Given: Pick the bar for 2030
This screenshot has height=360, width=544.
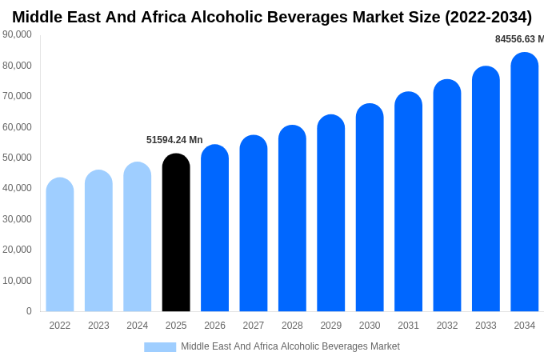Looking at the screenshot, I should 370,208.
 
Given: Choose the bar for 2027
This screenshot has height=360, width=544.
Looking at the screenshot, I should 254,223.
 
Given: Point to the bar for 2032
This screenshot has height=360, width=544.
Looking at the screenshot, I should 447,196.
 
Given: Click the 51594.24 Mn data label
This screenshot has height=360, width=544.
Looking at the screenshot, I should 174,140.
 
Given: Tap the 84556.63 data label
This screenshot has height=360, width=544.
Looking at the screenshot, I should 518,39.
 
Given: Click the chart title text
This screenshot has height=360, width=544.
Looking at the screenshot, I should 272,17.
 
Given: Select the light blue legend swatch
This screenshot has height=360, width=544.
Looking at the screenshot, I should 160,346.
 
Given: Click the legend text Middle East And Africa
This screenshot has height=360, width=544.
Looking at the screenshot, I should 290,346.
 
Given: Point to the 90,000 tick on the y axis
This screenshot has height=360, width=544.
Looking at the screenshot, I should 18,34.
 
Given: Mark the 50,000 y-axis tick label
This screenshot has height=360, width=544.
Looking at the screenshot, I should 18,158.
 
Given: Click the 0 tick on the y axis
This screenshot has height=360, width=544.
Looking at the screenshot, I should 29,311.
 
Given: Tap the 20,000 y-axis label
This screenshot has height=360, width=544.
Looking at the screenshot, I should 18,250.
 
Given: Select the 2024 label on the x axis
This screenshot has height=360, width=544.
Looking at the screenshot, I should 138,326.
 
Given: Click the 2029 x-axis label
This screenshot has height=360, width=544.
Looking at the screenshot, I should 331,326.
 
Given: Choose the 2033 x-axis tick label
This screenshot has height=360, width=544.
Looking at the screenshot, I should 486,326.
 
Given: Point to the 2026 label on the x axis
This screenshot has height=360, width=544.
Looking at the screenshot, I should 214,326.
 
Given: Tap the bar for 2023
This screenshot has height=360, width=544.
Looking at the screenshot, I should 98,241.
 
